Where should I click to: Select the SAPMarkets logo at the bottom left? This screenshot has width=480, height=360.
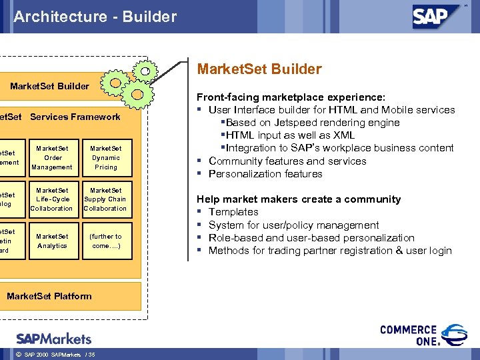click(x=53, y=338)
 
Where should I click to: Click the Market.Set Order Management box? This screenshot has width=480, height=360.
click(x=52, y=158)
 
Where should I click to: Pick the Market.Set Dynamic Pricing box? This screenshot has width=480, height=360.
click(x=105, y=158)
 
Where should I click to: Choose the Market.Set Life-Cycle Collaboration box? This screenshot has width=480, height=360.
click(x=52, y=199)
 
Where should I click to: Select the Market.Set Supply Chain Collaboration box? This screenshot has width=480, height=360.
click(x=105, y=199)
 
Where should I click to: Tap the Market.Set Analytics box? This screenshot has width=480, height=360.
click(x=52, y=241)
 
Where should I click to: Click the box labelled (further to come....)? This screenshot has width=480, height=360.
click(x=105, y=241)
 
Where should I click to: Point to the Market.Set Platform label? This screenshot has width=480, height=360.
click(x=49, y=296)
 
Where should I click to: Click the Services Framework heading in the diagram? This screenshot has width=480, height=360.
click(x=75, y=117)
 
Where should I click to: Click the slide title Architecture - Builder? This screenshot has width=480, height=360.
click(x=95, y=17)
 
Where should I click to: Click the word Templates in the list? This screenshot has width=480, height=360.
click(x=233, y=212)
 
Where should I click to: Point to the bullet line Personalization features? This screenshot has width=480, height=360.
click(x=265, y=174)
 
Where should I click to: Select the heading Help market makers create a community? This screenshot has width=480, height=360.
click(x=299, y=199)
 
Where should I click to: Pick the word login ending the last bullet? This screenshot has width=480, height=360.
click(x=438, y=251)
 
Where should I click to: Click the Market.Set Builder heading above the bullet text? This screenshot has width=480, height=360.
click(x=259, y=69)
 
